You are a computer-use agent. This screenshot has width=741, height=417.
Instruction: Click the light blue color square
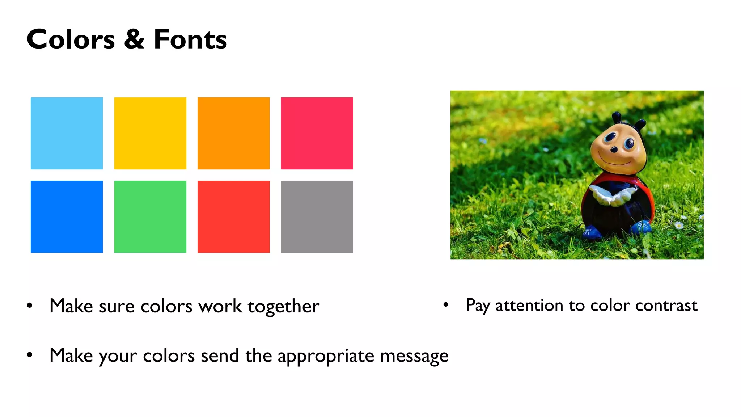[x=67, y=133]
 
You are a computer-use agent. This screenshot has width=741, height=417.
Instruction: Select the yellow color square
[x=150, y=133]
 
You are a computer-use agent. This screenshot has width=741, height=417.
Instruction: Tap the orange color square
[x=233, y=133]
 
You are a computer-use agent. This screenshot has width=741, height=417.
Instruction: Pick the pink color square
[x=317, y=133]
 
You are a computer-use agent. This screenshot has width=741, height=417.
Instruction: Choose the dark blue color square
[x=67, y=216]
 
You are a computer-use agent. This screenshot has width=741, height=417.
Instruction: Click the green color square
[x=150, y=216]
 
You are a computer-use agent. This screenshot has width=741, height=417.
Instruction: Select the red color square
[x=233, y=216]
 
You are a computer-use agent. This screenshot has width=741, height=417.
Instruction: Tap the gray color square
[x=317, y=216]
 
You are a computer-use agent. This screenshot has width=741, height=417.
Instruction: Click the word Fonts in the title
[x=190, y=39]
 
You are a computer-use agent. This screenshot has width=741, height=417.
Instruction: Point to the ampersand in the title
[x=134, y=39]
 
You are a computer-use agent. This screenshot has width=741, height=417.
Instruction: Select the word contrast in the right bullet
[x=666, y=306]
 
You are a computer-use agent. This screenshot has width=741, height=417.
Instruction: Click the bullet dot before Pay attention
[x=446, y=305]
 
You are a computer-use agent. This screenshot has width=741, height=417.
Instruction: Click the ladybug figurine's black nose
[x=614, y=149]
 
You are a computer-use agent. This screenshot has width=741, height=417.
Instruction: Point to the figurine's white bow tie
[x=612, y=195]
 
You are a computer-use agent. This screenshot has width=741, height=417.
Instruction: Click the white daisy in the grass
[x=679, y=226]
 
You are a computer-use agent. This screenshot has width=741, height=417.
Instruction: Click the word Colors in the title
[x=71, y=39]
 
